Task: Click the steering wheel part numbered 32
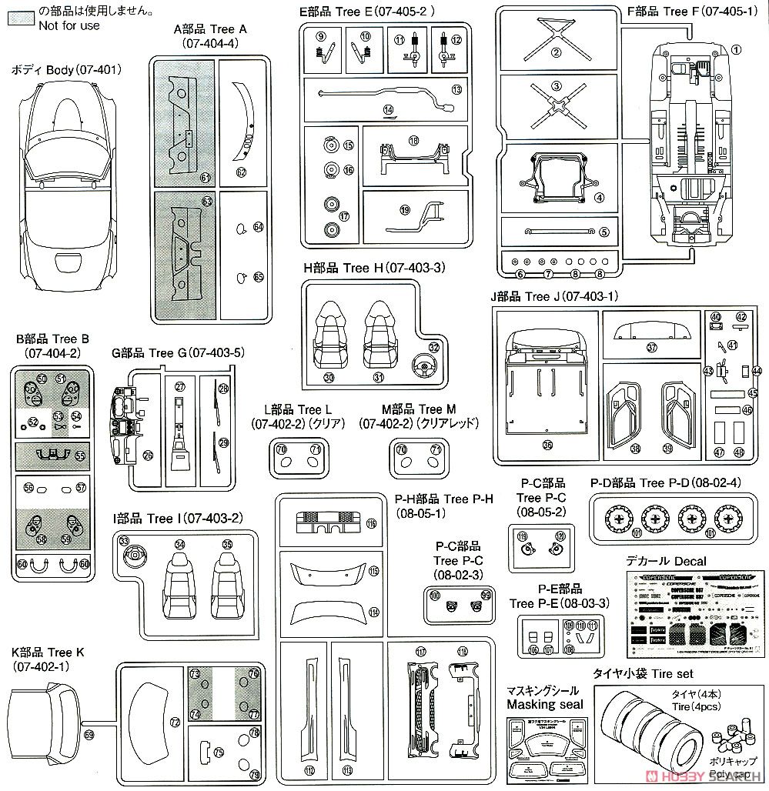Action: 422,362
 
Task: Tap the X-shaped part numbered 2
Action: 554,34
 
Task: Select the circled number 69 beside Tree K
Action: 89,736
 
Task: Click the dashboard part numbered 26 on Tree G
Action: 127,431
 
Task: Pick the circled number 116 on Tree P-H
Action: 371,524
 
